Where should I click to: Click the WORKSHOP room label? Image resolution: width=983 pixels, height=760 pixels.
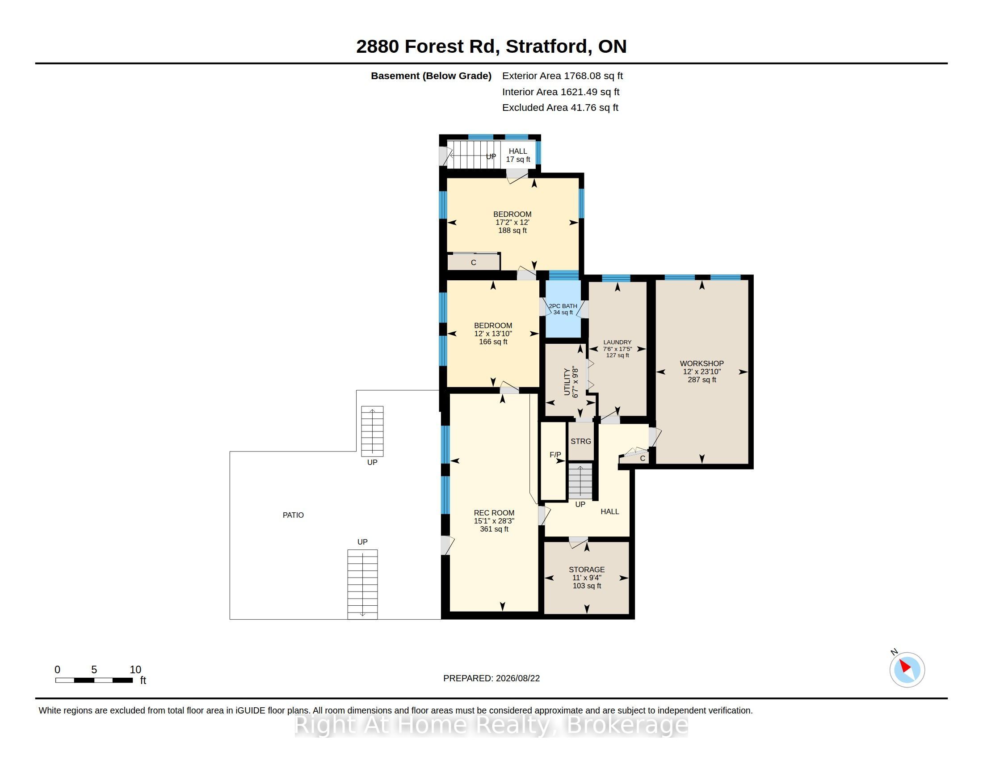point(702,363)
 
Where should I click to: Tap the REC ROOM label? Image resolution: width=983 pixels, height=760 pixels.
point(494,513)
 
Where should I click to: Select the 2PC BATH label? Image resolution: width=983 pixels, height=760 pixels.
point(563,306)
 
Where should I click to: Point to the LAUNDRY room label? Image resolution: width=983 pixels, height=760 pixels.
point(617,342)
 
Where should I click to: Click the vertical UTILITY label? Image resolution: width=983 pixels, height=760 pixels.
point(567,382)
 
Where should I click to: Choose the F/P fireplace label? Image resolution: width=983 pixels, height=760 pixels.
point(555,455)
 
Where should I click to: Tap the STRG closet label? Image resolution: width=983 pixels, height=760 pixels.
point(580,441)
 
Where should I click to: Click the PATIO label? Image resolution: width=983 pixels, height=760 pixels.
point(293,515)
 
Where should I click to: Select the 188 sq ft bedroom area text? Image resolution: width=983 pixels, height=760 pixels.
point(512,231)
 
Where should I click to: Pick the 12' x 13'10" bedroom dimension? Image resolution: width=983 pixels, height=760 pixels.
point(493,334)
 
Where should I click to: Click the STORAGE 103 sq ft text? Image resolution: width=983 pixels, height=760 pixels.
point(587,586)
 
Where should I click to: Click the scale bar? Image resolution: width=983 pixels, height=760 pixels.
point(94,680)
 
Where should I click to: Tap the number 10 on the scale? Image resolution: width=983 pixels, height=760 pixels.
point(135,670)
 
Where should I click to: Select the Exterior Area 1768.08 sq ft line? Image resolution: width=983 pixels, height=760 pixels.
point(563,76)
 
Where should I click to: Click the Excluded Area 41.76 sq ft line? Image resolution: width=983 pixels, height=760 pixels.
point(560,108)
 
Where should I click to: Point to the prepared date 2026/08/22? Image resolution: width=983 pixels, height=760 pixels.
point(517,678)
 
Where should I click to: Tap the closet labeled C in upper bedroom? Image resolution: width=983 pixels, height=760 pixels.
point(474,262)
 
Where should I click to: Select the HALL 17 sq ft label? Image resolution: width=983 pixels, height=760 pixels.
point(518,155)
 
